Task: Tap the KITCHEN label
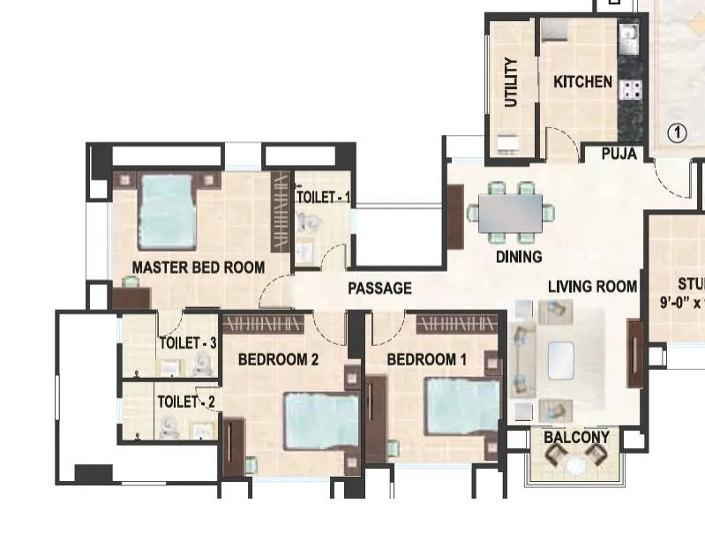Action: click(582, 82)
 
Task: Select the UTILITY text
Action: click(511, 83)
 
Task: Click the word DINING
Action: click(519, 257)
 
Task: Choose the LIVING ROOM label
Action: click(592, 286)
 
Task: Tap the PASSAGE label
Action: click(379, 288)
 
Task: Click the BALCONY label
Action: click(576, 438)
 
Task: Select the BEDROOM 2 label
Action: click(278, 359)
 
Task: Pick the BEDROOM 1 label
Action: click(427, 359)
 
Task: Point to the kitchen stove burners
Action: click(632, 87)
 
